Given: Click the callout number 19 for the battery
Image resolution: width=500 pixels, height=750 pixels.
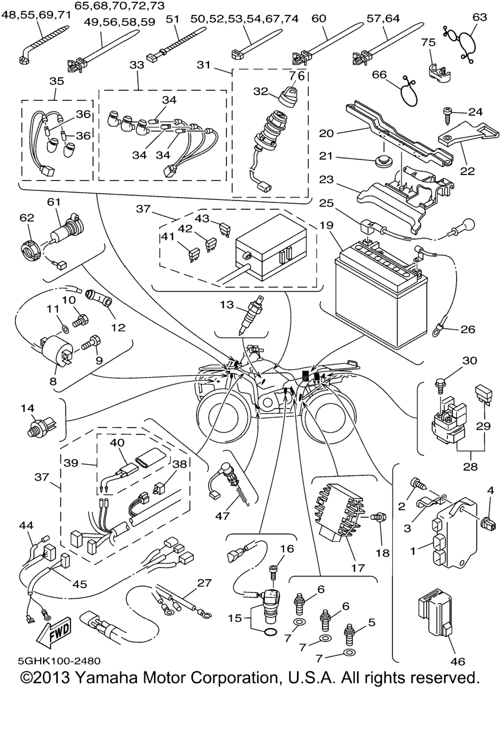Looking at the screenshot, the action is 327,225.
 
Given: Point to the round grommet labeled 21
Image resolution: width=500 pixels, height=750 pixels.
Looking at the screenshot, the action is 381,161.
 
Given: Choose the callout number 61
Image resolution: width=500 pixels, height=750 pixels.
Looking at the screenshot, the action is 54,202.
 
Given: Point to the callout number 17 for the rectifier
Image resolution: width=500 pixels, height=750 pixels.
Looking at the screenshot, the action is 358,568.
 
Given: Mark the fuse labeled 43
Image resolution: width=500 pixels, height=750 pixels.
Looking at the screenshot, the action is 225,230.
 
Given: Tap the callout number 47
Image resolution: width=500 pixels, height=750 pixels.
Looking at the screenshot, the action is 222,516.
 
